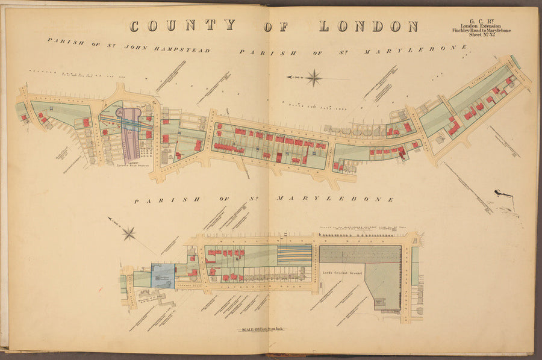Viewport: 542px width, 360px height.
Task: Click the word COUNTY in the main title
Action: tap(182, 26)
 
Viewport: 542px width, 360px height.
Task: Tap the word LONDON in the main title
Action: tap(369, 26)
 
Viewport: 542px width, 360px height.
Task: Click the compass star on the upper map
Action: tap(313, 77)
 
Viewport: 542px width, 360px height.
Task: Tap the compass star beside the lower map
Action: tap(129, 233)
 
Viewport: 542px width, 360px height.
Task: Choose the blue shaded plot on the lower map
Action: tap(163, 275)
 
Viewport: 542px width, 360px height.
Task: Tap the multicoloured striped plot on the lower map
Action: tap(295, 255)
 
